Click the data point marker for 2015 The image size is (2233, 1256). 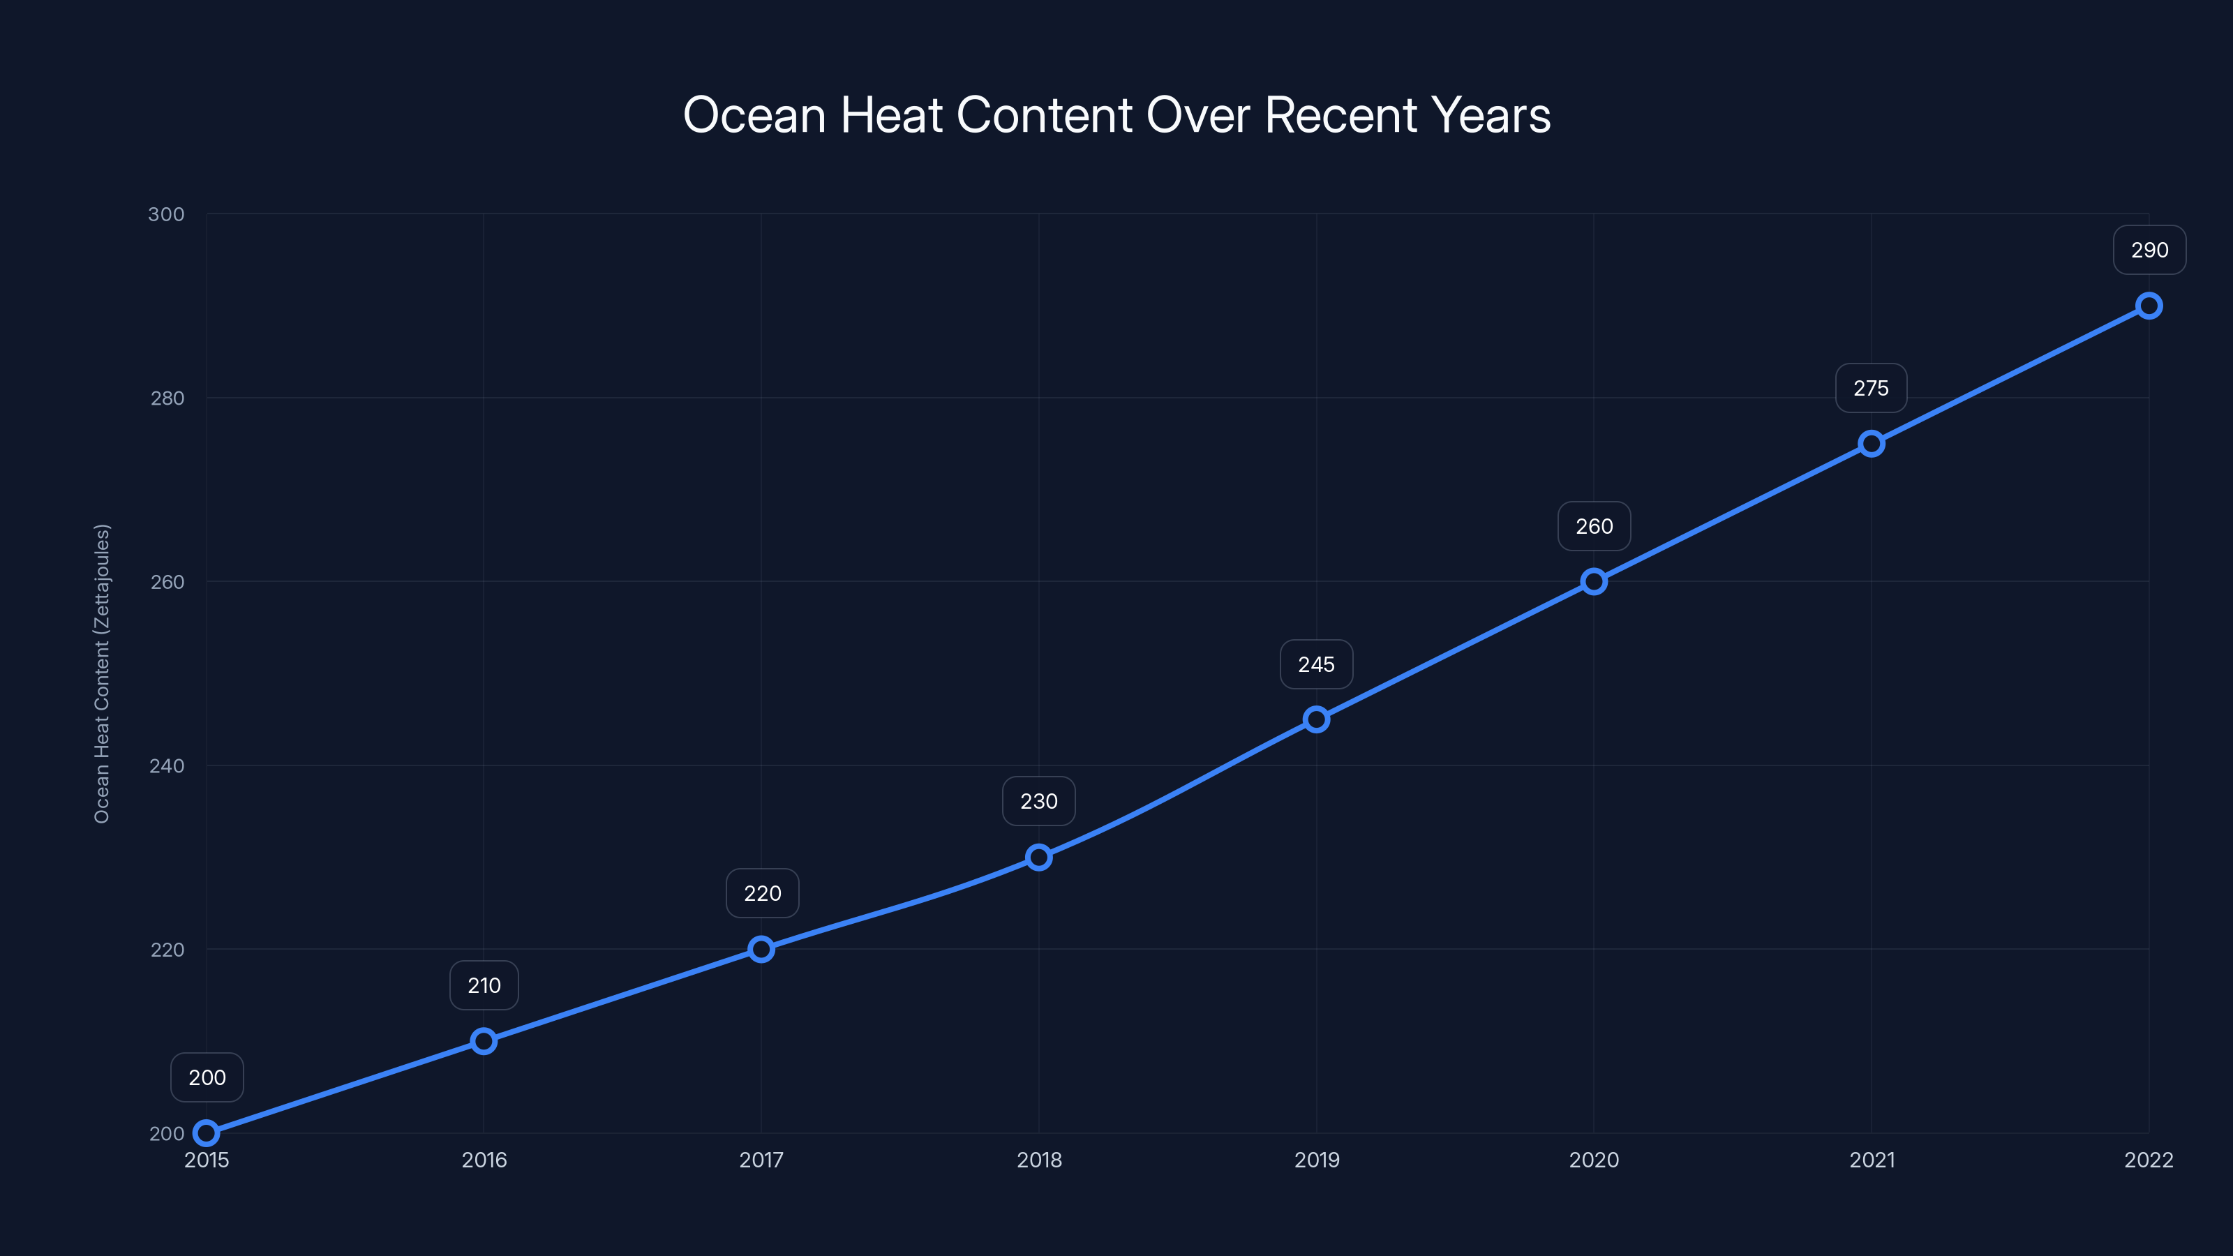pyautogui.click(x=207, y=1133)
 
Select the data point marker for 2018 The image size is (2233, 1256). pyautogui.click(x=1038, y=858)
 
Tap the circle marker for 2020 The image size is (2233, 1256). pyautogui.click(x=1593, y=582)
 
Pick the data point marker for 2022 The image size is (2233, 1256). pyautogui.click(x=2149, y=306)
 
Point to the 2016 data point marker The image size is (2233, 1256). pyautogui.click(x=484, y=1041)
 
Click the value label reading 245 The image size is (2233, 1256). pyautogui.click(x=1316, y=665)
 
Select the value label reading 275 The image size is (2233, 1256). pyautogui.click(x=1871, y=389)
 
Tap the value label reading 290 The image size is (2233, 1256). pyautogui.click(x=2149, y=251)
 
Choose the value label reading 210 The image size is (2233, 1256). pyautogui.click(x=484, y=985)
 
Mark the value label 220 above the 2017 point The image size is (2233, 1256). pyautogui.click(x=762, y=894)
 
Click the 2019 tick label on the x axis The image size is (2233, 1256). pyautogui.click(x=1316, y=1160)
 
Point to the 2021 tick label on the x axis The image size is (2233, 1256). pyautogui.click(x=1872, y=1160)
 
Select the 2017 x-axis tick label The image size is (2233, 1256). pyautogui.click(x=761, y=1160)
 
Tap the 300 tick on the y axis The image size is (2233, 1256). pyautogui.click(x=167, y=214)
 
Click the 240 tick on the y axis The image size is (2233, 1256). pyautogui.click(x=167, y=765)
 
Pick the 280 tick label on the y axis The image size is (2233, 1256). pyautogui.click(x=167, y=398)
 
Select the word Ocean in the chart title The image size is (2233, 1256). pyautogui.click(x=754, y=115)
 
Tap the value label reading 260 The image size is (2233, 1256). pyautogui.click(x=1593, y=526)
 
